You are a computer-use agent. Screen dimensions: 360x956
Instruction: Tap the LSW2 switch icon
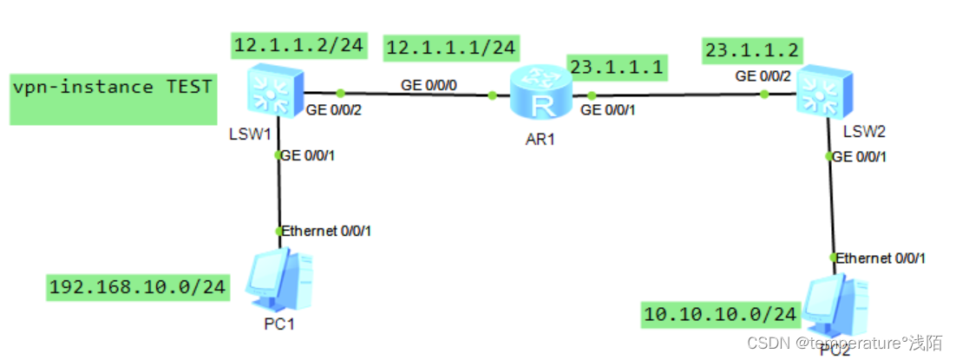pyautogui.click(x=818, y=92)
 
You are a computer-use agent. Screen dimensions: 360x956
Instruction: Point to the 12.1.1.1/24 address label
pyautogui.click(x=451, y=48)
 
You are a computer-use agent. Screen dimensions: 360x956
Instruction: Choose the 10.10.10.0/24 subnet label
pyautogui.click(x=720, y=314)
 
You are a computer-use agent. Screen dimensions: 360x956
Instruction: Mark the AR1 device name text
pyautogui.click(x=540, y=139)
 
